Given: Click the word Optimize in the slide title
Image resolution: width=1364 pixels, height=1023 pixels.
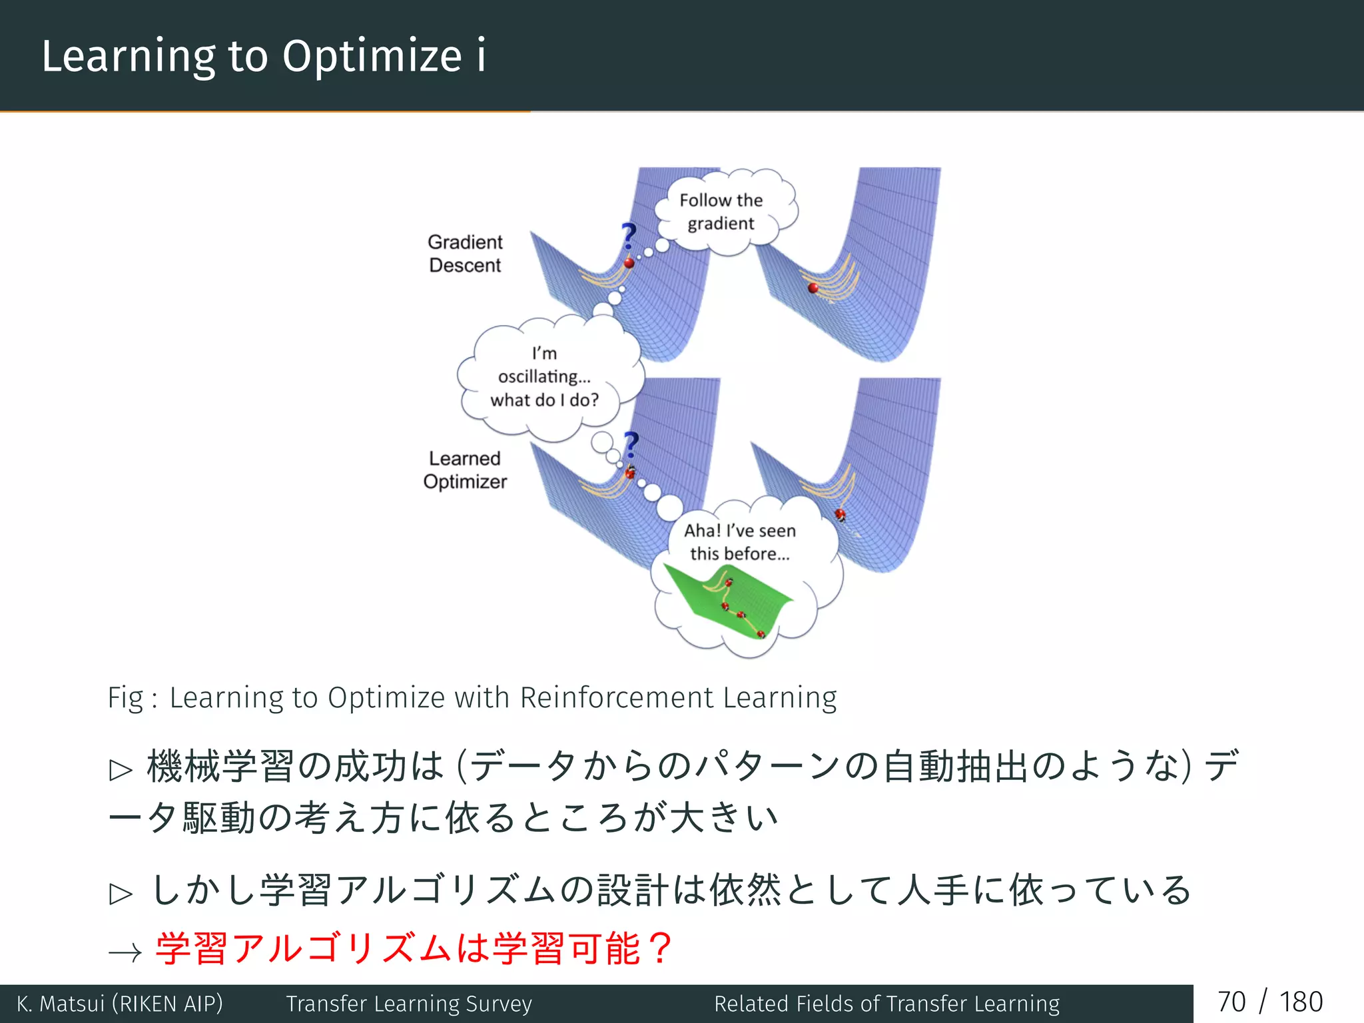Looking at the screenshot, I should (372, 56).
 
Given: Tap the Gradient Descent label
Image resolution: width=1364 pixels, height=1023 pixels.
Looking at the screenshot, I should (465, 253).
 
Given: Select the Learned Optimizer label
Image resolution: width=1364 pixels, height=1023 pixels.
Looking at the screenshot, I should (465, 470).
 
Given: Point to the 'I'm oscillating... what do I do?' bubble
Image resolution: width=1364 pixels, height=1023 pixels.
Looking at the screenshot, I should (545, 377).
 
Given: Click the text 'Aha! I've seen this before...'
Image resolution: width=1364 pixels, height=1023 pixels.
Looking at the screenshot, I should (739, 542).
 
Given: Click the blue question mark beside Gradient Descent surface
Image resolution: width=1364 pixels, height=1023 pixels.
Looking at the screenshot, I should (628, 236).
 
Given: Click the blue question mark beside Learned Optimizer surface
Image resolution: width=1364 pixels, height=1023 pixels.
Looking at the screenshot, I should (631, 444).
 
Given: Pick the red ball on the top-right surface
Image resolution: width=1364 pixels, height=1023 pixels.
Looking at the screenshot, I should (813, 288).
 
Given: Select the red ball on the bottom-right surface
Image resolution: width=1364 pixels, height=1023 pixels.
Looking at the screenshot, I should (841, 514).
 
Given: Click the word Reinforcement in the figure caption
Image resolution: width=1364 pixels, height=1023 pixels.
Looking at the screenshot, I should (617, 698).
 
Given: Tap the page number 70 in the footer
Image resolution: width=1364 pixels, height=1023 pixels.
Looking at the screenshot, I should (1231, 1002).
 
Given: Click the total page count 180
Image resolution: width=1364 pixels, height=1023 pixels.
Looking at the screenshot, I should (1301, 1002).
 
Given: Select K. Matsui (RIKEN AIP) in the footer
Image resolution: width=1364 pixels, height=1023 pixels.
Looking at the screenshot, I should (120, 1003).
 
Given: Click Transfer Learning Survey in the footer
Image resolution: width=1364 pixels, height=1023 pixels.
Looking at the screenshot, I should (409, 1003).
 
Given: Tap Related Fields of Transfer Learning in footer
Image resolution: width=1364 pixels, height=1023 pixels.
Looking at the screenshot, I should (886, 1003).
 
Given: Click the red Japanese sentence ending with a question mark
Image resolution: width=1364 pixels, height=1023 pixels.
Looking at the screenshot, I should (413, 948).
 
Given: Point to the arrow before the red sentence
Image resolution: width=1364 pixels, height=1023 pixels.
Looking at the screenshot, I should (125, 952).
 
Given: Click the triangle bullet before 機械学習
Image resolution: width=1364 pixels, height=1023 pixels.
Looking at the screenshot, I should (121, 770).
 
